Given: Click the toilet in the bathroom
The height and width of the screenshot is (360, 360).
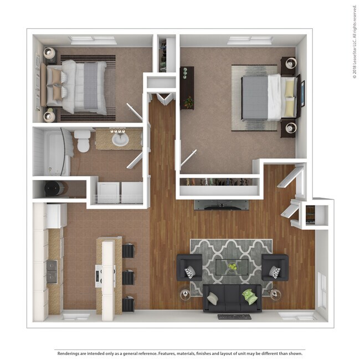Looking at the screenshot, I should (83, 141).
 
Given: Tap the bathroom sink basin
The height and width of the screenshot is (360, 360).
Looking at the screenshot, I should (120, 140).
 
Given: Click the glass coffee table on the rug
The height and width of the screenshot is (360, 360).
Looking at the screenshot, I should (232, 267).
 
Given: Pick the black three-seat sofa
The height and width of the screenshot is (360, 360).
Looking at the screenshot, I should (232, 298).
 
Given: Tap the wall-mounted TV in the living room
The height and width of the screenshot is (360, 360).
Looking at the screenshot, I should (217, 204).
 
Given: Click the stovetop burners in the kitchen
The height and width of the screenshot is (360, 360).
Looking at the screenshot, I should (52, 271).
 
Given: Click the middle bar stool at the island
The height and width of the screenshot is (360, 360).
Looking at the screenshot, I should (128, 276).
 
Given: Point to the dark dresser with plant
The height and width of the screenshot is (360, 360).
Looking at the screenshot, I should (187, 88).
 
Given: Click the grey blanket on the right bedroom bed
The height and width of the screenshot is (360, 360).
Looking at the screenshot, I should (254, 97).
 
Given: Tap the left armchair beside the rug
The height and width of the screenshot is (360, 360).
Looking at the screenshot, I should (189, 268).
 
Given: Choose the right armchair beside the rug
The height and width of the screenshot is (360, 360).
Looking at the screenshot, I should (275, 268).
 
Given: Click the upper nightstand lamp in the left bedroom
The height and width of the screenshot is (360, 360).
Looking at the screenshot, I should (50, 54).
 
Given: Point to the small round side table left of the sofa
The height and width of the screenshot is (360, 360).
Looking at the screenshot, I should (185, 295).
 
